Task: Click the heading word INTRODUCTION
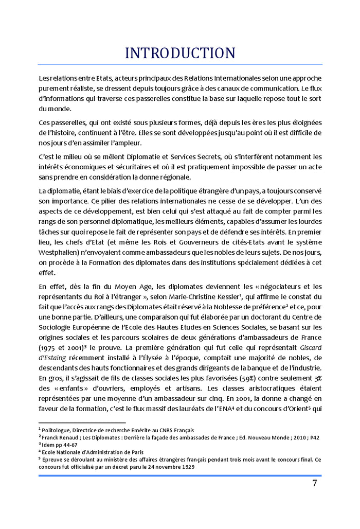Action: (x=180, y=53)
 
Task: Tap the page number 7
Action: (x=314, y=483)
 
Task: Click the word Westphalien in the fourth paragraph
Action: (x=61, y=253)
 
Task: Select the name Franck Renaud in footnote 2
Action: (x=61, y=437)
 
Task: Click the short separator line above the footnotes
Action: (x=75, y=423)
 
